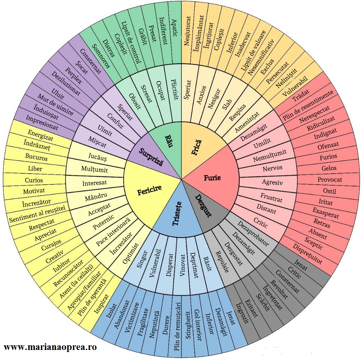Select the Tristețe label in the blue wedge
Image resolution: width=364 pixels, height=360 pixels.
[177, 214]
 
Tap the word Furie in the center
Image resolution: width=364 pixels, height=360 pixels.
[212, 178]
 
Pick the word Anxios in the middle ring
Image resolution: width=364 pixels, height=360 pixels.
[201, 95]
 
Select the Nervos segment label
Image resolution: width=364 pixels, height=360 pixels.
[272, 168]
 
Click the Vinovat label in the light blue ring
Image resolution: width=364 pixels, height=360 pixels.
[182, 265]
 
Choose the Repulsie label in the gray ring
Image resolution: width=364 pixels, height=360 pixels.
[222, 262]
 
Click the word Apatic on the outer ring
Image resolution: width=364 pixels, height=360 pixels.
[175, 28]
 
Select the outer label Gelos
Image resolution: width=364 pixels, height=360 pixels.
[329, 168]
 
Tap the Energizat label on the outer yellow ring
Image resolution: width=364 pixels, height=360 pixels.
[40, 136]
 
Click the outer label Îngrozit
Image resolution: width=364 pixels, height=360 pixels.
[242, 313]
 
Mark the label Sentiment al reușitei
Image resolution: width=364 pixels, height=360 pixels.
[37, 214]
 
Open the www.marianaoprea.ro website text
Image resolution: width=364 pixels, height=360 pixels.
[50, 347]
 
